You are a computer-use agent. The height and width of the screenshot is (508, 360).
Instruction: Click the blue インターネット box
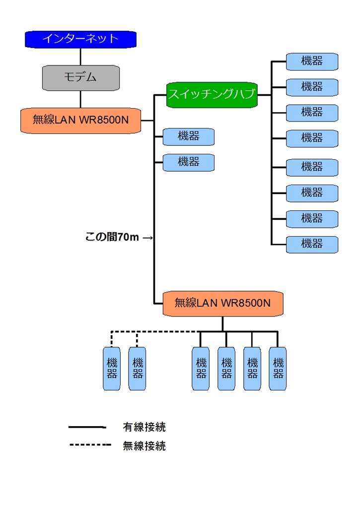click(80, 39)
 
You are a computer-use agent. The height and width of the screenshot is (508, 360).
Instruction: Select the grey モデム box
click(80, 77)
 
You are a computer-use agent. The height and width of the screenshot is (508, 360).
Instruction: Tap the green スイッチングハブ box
click(212, 94)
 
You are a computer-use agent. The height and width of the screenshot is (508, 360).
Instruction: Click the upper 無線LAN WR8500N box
click(80, 120)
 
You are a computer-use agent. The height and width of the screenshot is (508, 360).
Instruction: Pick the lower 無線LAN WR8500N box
click(223, 303)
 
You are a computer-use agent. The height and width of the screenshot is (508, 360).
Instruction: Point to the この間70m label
click(112, 238)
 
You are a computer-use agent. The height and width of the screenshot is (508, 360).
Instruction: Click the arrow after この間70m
click(147, 238)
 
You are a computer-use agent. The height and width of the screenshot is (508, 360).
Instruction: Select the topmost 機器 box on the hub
click(312, 62)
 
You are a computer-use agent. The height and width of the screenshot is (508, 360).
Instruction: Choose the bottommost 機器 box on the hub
click(312, 244)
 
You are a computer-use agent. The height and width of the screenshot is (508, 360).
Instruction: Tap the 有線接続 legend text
click(144, 427)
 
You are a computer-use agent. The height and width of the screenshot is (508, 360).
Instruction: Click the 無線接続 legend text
click(144, 446)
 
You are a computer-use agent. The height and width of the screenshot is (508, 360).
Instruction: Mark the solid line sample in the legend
click(87, 427)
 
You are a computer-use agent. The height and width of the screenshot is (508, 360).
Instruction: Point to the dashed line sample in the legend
click(90, 445)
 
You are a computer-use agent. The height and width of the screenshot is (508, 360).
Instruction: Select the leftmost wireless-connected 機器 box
click(112, 369)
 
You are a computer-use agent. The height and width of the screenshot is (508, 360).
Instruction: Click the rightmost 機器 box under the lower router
click(278, 369)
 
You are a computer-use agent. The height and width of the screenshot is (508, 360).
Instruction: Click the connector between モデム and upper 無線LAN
click(80, 98)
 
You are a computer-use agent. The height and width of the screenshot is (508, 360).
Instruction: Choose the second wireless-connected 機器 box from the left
click(137, 369)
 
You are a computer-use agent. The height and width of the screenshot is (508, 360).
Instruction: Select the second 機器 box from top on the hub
click(312, 87)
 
